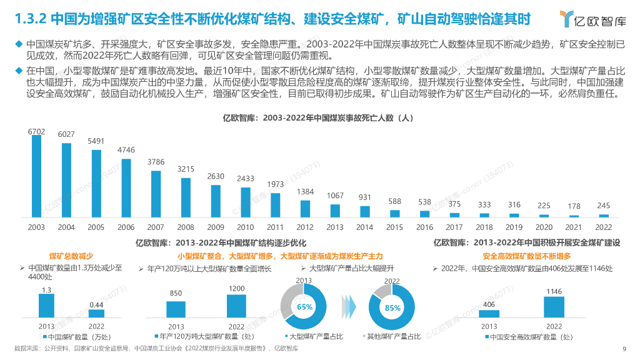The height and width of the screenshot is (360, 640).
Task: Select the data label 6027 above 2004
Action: coord(66,134)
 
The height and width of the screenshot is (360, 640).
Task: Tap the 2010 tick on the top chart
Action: coord(245,227)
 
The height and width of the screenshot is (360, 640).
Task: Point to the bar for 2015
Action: coord(394,213)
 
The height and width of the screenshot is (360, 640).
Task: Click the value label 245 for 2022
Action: coord(604,206)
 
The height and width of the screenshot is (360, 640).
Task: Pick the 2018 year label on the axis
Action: coord(484,227)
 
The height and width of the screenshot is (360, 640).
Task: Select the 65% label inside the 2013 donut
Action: coord(304,307)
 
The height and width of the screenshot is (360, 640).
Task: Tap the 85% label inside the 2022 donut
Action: coord(392,307)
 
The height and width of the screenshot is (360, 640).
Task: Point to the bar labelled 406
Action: coord(489,314)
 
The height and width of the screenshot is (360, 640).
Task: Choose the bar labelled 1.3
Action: coord(46,306)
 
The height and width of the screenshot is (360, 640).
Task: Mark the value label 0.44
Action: coord(96,304)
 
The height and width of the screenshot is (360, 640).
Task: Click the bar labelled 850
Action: coord(176,309)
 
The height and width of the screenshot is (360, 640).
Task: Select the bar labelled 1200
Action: coord(236,306)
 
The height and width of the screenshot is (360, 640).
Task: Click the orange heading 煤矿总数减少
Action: coord(71,256)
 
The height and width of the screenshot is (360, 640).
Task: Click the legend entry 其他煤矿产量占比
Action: coord(393,337)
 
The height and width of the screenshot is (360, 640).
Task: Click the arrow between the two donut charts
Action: coord(348,307)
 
